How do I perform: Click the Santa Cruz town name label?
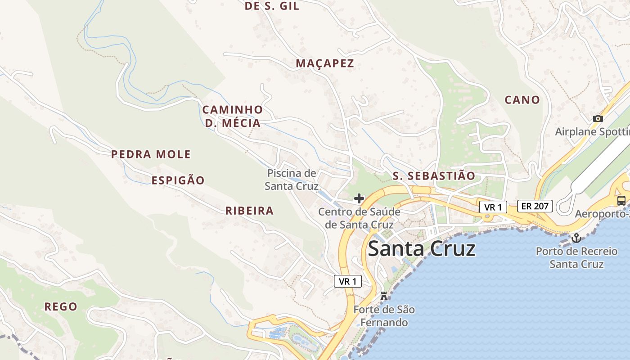(422, 248)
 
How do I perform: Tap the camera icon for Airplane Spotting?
(598, 118)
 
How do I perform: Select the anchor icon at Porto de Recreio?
(576, 238)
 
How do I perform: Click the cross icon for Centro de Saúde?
(359, 198)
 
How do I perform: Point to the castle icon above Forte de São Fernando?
(384, 296)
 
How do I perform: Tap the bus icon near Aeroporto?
(621, 201)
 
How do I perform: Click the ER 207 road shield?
(535, 206)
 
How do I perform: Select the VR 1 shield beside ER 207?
(493, 207)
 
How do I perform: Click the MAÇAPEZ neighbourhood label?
(325, 63)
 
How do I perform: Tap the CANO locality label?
(522, 100)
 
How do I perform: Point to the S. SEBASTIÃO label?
(434, 176)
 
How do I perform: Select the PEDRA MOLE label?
(151, 154)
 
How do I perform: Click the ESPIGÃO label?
(178, 180)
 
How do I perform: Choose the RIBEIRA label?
(249, 211)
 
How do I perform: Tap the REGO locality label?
(61, 307)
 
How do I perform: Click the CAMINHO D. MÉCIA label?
(233, 116)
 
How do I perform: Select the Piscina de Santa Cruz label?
(292, 179)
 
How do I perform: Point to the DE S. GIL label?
(272, 6)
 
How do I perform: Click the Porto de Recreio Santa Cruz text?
(576, 257)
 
